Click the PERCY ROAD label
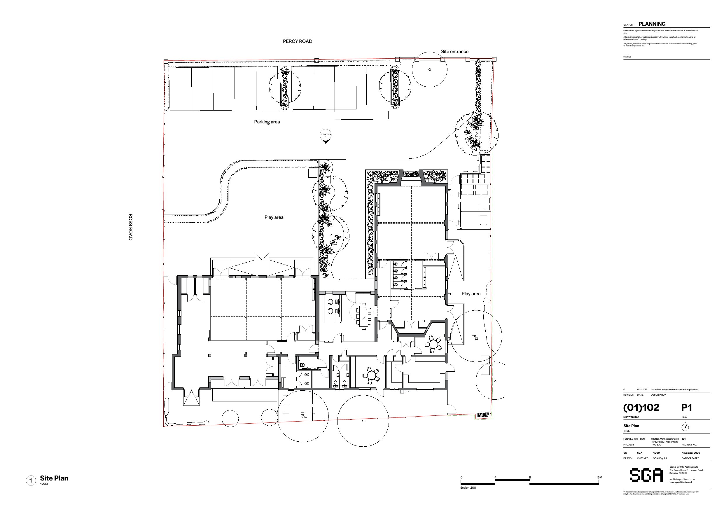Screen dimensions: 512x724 coord(297,41)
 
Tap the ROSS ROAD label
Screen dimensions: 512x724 coord(130,227)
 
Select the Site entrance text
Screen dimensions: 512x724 coord(454,51)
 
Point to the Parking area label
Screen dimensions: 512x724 coord(267,122)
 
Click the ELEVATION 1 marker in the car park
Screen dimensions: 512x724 coord(326,136)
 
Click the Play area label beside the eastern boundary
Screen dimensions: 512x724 coord(471,294)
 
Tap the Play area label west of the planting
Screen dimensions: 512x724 coord(274,217)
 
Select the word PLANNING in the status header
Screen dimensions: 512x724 coord(652,24)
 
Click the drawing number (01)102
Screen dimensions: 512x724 coord(641,408)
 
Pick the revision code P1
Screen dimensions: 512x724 coord(686,408)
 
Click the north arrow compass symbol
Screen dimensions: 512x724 coord(685,427)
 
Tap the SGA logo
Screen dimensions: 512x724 coord(646,475)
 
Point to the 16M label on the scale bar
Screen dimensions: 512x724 coord(599,477)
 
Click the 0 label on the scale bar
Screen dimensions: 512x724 coord(461,477)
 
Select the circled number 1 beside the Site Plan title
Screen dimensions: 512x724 coord(31,480)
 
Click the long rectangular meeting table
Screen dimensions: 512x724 coord(363,316)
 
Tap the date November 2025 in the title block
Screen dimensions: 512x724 coord(690,453)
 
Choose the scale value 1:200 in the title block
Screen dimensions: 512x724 coord(656,453)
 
